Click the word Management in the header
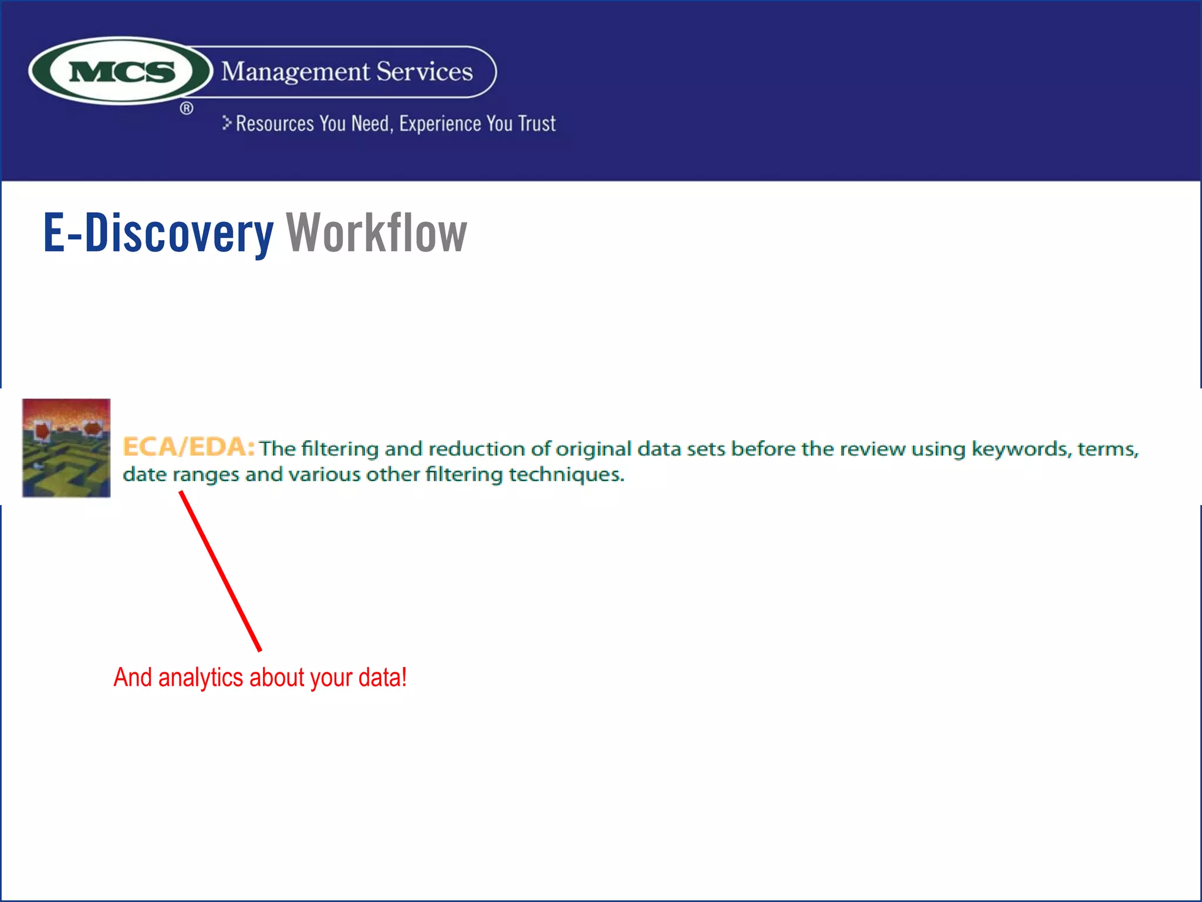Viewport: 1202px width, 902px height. click(x=295, y=72)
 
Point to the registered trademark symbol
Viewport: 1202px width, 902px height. click(x=187, y=108)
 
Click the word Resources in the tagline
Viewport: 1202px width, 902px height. click(x=275, y=124)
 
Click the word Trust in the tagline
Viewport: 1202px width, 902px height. click(x=536, y=124)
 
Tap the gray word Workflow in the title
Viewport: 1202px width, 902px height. click(x=376, y=233)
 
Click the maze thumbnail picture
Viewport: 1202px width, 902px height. click(x=66, y=448)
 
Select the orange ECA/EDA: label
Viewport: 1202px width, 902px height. click(x=188, y=447)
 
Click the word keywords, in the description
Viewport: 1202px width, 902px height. click(x=1021, y=449)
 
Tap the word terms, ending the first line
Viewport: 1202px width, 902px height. click(x=1108, y=449)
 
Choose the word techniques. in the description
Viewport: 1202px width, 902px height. click(x=566, y=474)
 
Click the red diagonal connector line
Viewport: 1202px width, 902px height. click(x=221, y=571)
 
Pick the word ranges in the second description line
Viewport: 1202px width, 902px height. click(x=205, y=475)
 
